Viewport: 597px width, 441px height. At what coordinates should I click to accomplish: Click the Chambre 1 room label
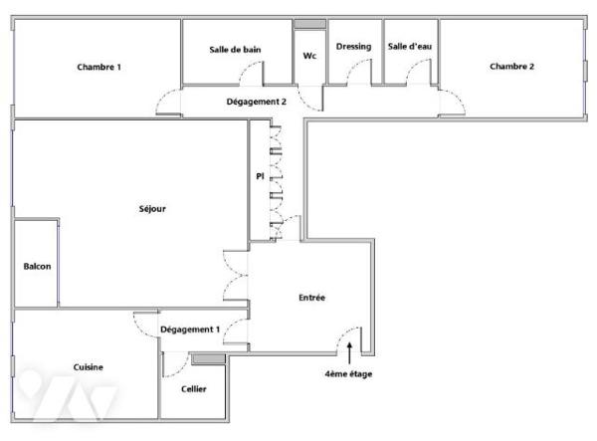99,67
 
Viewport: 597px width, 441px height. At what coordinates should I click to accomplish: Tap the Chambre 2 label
511,67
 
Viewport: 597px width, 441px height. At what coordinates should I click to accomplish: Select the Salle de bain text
235,50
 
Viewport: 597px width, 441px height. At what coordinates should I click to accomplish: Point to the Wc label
309,56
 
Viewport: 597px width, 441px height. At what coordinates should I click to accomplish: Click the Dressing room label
353,47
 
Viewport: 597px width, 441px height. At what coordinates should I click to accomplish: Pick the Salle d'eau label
410,47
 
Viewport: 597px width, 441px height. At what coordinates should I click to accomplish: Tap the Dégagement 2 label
257,102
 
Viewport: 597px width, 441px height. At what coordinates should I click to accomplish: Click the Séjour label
152,209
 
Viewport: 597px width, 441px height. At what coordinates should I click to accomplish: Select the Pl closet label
260,176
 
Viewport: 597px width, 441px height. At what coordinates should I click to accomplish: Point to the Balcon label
37,266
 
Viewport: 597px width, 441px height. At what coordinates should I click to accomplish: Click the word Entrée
311,298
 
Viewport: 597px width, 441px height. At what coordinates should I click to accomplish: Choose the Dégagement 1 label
190,330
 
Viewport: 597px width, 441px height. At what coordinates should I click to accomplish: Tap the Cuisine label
88,367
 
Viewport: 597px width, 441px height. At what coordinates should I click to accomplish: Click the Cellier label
194,389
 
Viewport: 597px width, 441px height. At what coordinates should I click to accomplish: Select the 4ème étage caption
348,374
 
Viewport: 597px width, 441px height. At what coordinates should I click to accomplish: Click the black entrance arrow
349,353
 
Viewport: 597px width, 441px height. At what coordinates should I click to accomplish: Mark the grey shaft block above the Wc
309,24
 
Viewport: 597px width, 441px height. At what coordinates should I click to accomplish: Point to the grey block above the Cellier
208,358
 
